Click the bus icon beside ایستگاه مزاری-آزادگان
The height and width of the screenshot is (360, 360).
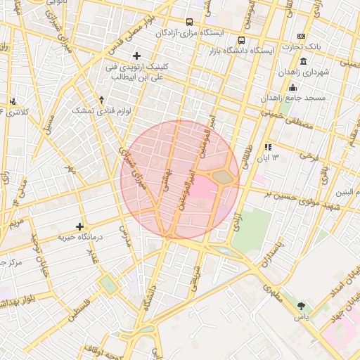[189, 22]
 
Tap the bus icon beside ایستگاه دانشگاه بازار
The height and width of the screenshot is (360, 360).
[242, 40]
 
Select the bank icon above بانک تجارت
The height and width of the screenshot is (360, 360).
[302, 36]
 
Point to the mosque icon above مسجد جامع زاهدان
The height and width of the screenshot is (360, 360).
[292, 87]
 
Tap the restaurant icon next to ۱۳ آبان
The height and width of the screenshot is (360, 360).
[268, 147]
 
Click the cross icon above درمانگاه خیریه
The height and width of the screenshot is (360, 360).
[79, 226]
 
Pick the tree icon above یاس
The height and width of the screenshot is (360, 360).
[302, 306]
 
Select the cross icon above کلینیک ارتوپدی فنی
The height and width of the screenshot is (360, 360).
[136, 55]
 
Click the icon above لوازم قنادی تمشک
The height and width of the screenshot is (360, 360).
[102, 100]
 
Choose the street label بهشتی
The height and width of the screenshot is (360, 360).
[167, 179]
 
